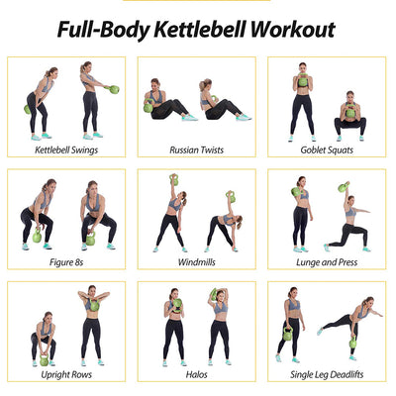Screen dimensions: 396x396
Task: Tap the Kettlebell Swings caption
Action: pos(66,149)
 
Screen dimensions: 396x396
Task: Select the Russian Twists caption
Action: pos(197,149)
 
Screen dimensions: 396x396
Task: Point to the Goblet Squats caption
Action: pos(328,149)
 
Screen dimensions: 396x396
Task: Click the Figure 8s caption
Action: pos(66,262)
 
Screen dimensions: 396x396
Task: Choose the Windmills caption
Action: pos(197,262)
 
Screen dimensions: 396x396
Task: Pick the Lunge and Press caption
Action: pos(328,262)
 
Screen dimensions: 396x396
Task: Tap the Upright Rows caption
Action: pos(66,374)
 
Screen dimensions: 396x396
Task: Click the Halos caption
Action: pos(197,374)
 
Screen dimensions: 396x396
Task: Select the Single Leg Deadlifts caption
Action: pos(328,374)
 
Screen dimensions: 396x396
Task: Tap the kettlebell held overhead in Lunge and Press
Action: pos(345,187)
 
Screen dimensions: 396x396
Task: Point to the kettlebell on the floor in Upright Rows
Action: pos(45,360)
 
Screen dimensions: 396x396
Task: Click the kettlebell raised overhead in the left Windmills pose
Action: pos(174,179)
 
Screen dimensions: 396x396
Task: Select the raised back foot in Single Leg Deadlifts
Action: pos(320,331)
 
